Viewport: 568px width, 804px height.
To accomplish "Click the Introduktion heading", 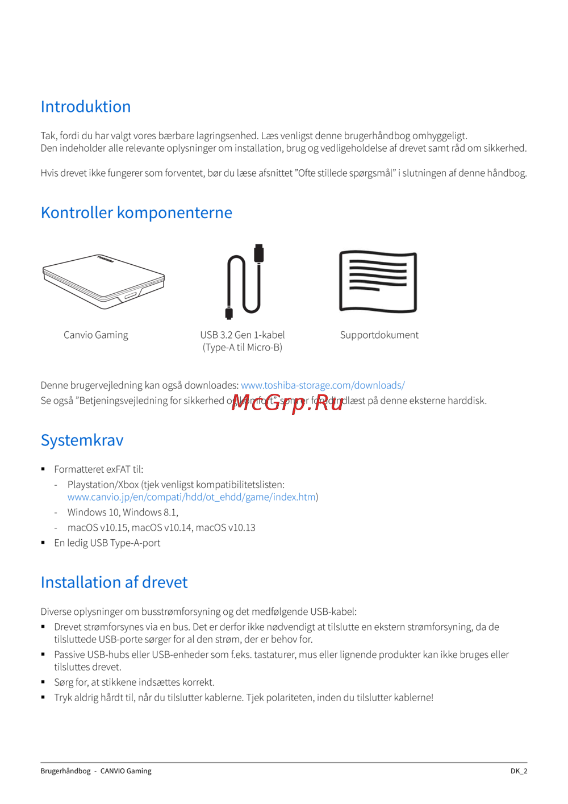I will (x=86, y=107).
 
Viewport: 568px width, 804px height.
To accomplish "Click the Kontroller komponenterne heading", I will (x=136, y=213).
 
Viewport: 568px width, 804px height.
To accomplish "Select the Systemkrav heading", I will (x=82, y=440).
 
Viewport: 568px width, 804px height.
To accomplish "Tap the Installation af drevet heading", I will (x=114, y=582).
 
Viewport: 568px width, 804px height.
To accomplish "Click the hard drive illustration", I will (x=103, y=282).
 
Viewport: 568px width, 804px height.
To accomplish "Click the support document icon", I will (x=378, y=282).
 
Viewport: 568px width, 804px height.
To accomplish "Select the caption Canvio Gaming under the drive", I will (x=96, y=335).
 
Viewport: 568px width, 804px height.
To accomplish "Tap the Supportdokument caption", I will (x=379, y=335).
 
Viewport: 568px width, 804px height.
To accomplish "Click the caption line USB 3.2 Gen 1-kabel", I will (x=243, y=335).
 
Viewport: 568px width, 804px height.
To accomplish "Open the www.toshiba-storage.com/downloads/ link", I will (x=323, y=385).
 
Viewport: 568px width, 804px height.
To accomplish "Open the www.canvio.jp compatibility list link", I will (x=191, y=497).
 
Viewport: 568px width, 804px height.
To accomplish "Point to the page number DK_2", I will (x=519, y=771).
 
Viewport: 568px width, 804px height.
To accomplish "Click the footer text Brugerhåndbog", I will (x=65, y=771).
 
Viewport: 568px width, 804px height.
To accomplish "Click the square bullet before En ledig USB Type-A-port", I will (x=43, y=543).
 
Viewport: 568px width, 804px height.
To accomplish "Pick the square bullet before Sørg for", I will (x=43, y=682).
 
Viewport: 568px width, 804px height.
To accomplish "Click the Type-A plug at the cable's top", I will (x=259, y=253).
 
